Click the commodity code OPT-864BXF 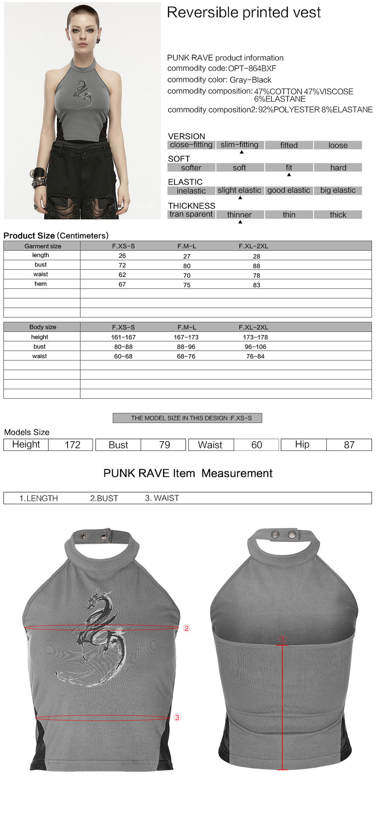click(252, 68)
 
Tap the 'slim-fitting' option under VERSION click(239, 145)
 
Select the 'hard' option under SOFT click(338, 168)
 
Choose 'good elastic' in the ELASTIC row click(289, 190)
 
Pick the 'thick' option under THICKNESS click(338, 215)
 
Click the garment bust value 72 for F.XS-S click(122, 265)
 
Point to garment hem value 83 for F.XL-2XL click(256, 285)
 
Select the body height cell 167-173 click(186, 337)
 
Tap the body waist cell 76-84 click(255, 356)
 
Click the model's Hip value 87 click(349, 445)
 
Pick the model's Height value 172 click(72, 445)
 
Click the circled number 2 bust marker click(186, 628)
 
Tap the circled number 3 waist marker click(177, 718)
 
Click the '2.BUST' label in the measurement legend click(104, 498)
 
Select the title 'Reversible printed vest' click(244, 13)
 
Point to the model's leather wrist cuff click(39, 174)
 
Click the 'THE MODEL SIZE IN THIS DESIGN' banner click(187, 418)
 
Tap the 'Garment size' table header click(43, 246)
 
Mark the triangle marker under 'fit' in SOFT click(289, 175)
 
